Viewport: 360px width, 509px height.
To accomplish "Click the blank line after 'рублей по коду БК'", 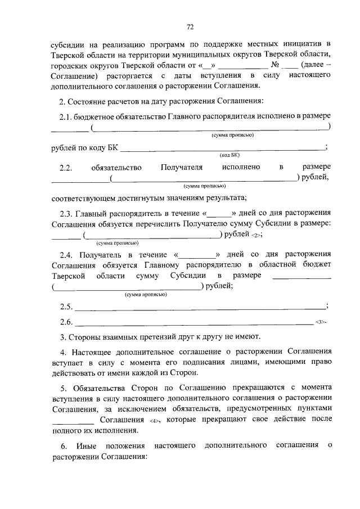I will tap(222, 148).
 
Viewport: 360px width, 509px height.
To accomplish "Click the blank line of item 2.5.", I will tap(200, 307).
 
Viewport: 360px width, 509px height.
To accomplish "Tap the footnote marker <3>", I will tap(321, 322).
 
